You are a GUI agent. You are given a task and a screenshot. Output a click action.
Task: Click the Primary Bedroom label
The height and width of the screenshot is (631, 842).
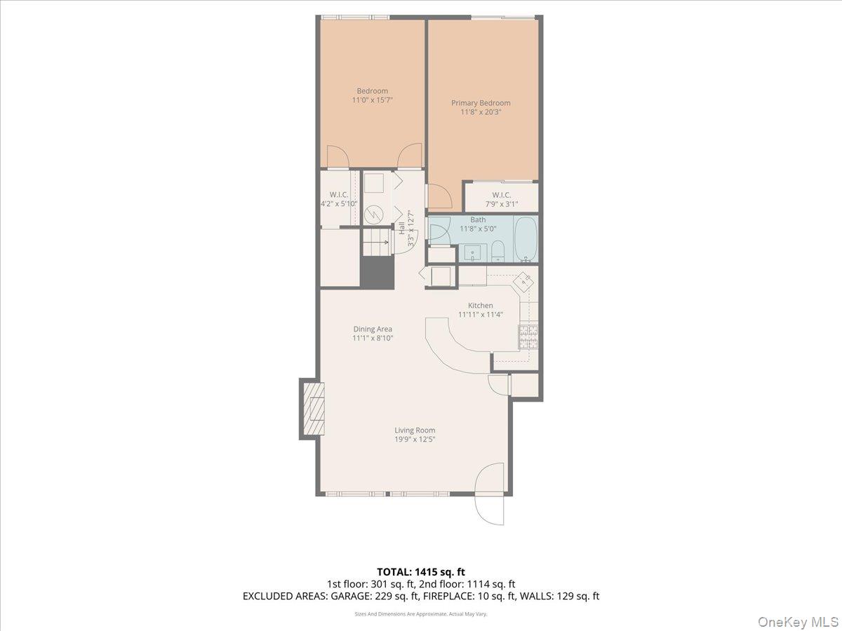tap(481, 103)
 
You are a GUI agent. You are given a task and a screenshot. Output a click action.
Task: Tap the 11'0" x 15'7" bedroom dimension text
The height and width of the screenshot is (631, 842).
tap(372, 100)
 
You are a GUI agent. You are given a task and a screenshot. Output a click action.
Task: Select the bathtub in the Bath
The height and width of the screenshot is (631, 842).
tap(526, 239)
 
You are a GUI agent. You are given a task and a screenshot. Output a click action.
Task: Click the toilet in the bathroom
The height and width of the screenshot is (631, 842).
tap(497, 251)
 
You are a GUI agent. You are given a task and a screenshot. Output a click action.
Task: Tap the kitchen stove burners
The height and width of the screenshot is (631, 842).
tap(528, 337)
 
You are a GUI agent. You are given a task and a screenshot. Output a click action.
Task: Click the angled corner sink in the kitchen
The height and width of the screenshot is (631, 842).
tap(523, 282)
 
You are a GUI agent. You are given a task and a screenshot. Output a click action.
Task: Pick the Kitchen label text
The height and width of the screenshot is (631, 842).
tap(481, 306)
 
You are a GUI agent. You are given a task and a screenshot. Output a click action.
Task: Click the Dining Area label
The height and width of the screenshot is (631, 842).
tap(373, 329)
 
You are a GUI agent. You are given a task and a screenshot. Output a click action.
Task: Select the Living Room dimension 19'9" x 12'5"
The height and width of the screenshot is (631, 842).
tap(415, 440)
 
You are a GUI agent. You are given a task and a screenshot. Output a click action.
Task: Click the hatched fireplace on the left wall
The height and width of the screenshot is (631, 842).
tap(313, 408)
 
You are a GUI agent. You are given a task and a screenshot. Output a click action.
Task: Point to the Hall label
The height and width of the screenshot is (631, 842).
tap(401, 228)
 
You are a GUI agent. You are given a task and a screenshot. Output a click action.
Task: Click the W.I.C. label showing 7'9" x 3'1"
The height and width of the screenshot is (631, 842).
tap(501, 199)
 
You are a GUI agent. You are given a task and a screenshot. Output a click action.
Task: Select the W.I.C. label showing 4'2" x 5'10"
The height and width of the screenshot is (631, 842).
tap(339, 199)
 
